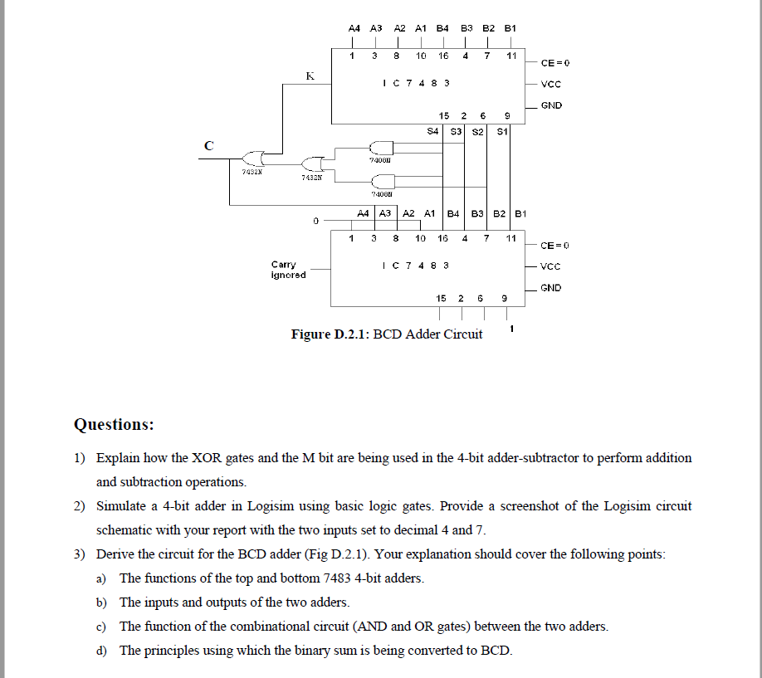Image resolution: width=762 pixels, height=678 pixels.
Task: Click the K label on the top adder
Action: pos(310,76)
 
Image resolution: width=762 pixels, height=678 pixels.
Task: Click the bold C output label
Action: pos(208,145)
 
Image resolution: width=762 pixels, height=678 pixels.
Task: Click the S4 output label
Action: pos(432,130)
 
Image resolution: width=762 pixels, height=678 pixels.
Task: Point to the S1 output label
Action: pos(501,130)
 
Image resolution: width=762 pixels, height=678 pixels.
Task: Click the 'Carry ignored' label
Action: pos(288,270)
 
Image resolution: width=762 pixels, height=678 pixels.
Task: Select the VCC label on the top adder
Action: pos(550,84)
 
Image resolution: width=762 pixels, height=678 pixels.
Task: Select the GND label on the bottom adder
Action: pos(550,288)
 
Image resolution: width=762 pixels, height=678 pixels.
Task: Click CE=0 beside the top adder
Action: pos(554,62)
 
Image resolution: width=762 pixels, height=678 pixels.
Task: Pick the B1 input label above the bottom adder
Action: pos(520,213)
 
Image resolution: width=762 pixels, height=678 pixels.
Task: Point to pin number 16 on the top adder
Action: pos(443,56)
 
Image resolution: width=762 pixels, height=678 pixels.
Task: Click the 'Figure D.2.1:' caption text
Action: pos(330,334)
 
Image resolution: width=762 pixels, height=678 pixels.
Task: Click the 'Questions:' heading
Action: pos(114,424)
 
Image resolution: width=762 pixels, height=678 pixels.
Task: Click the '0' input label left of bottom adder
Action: pos(315,221)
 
